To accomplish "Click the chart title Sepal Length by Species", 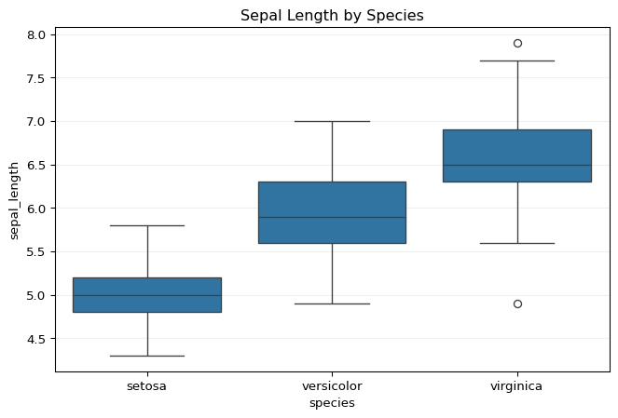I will tap(331, 15).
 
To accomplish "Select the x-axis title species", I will tap(332, 403).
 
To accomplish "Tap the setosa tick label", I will tap(147, 385).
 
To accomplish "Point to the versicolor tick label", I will tap(332, 385).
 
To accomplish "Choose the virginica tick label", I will tap(517, 385).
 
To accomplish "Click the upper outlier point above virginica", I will tap(517, 43).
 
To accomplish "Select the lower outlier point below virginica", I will tap(517, 303).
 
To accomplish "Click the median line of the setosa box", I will tap(147, 295).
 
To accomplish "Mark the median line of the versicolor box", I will tap(332, 217).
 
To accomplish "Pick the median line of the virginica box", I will tap(517, 165).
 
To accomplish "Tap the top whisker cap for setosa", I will tap(147, 225).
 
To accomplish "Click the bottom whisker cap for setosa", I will tap(147, 356).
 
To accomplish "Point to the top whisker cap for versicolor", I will tap(332, 121).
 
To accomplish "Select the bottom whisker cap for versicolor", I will tap(332, 303).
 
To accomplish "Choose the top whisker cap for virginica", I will tap(517, 61).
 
